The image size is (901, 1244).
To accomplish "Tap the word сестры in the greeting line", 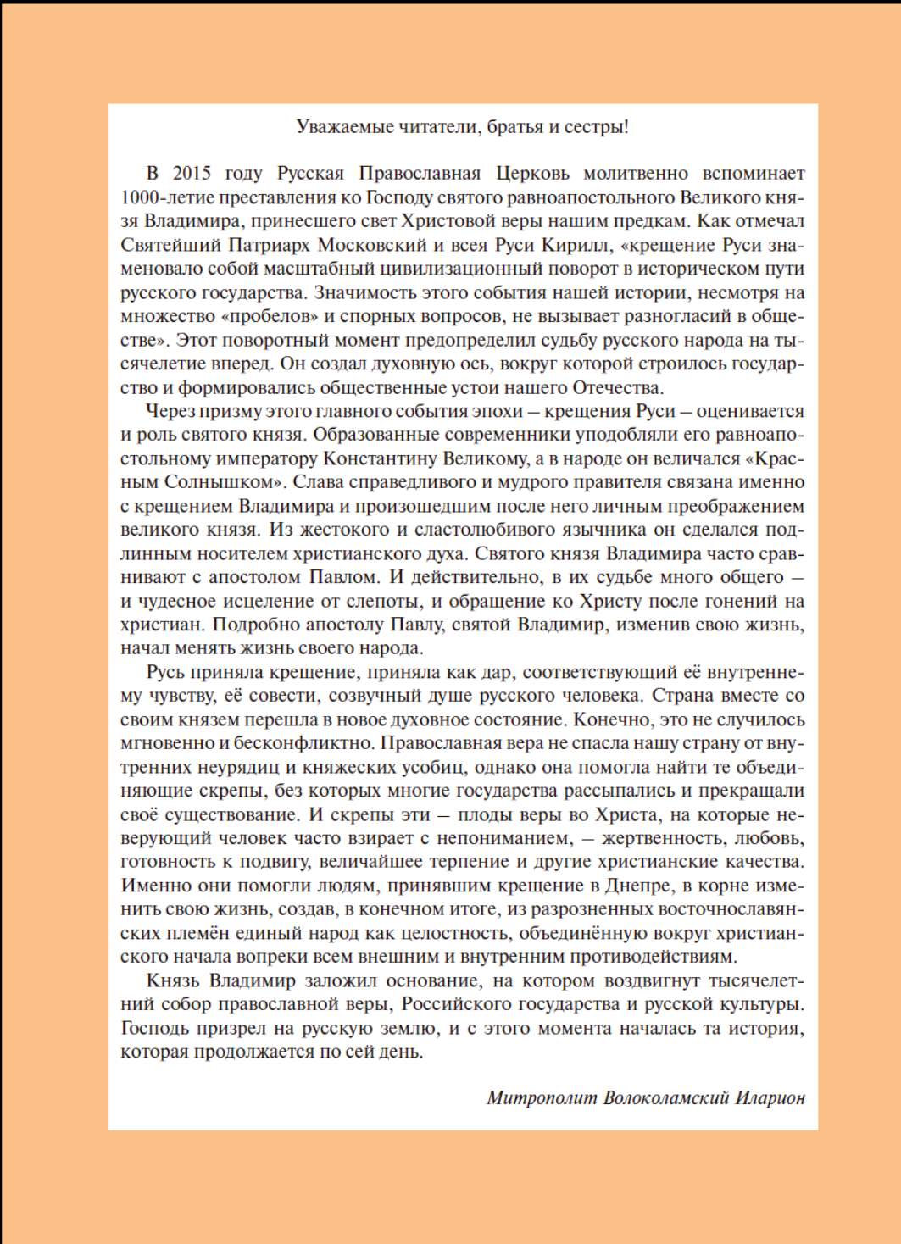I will coord(598,128).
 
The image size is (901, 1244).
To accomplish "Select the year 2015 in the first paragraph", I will coord(192,174).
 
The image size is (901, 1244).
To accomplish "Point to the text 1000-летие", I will coord(169,197).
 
